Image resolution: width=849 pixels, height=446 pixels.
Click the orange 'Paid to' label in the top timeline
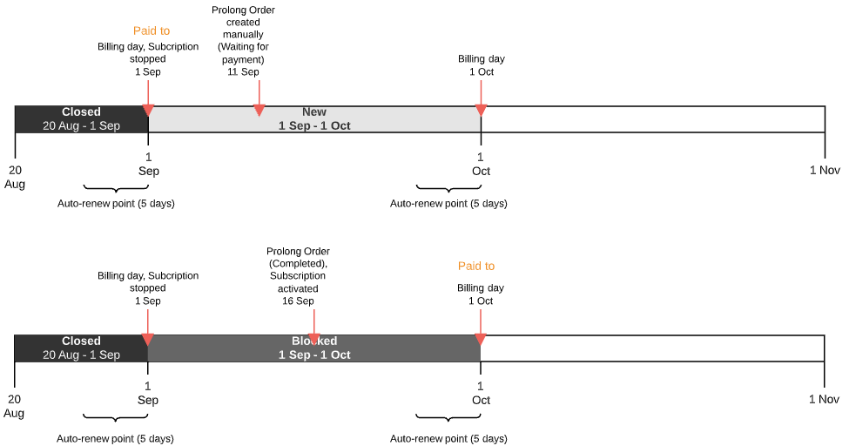point(152,30)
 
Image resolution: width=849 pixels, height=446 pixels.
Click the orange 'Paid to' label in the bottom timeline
point(476,266)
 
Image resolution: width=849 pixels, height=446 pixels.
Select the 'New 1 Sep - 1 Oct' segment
point(314,119)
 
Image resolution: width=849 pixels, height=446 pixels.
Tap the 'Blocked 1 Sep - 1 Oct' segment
point(314,348)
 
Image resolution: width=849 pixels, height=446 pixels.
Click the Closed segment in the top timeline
point(81,119)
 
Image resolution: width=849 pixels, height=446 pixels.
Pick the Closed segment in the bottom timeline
point(81,348)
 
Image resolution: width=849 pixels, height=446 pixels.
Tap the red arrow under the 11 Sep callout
point(259,109)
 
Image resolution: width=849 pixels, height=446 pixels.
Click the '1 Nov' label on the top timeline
point(825,170)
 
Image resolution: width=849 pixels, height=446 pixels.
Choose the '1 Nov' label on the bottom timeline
point(825,399)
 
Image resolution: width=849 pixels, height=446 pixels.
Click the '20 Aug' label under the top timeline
point(15,177)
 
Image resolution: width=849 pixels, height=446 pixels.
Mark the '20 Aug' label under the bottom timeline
point(15,406)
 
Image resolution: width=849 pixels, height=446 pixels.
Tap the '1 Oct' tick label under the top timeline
point(481,165)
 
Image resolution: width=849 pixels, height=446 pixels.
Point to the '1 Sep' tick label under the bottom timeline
point(148,394)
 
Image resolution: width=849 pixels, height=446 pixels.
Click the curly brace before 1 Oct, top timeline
point(448,188)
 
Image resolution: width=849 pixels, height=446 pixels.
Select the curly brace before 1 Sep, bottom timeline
point(116,419)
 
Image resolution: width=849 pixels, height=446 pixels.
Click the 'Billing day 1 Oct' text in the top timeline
point(482,65)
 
